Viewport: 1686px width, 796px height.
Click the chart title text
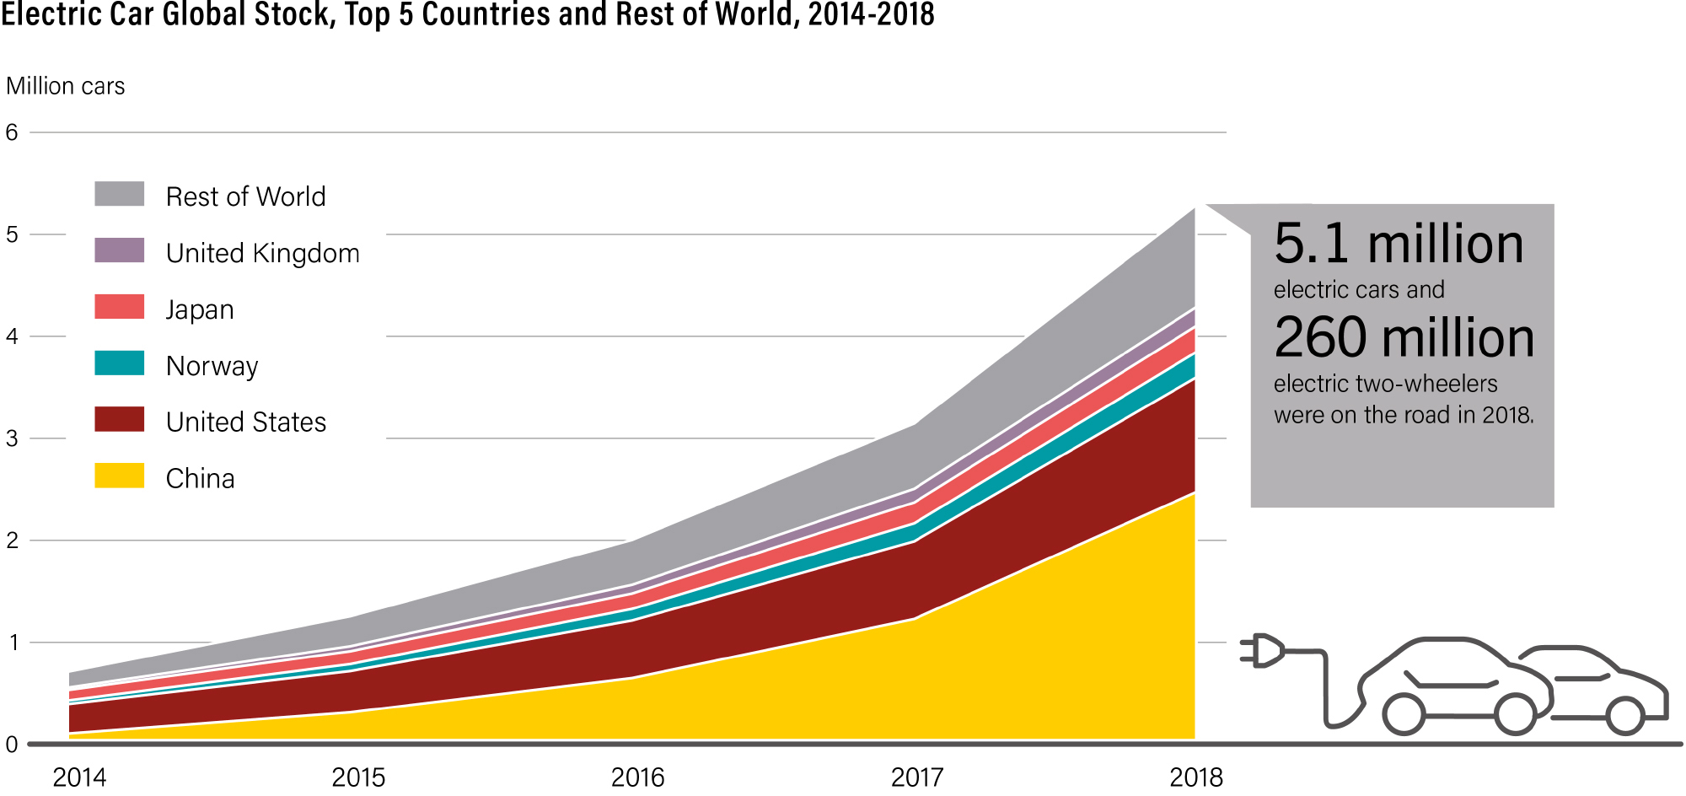coord(468,14)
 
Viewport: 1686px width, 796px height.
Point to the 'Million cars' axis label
coord(66,86)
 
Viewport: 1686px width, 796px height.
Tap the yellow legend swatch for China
coord(119,476)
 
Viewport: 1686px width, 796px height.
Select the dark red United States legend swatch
coord(119,419)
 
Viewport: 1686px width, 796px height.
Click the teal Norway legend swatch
coord(119,363)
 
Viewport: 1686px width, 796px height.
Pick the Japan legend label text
coord(200,310)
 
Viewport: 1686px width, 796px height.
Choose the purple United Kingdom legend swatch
coord(119,250)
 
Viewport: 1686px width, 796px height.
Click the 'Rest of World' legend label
coord(245,196)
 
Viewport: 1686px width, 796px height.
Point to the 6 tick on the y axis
coord(12,132)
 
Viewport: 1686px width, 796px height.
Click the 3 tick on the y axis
coord(12,438)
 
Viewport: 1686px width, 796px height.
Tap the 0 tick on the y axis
coord(12,745)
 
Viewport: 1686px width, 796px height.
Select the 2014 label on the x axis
coord(79,777)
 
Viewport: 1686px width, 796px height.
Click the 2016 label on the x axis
coord(637,777)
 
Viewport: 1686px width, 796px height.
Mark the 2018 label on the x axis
coord(1196,777)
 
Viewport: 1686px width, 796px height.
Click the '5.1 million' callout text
coord(1399,244)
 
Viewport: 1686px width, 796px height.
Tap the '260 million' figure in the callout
coord(1404,337)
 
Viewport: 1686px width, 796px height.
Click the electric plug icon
coord(1263,651)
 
